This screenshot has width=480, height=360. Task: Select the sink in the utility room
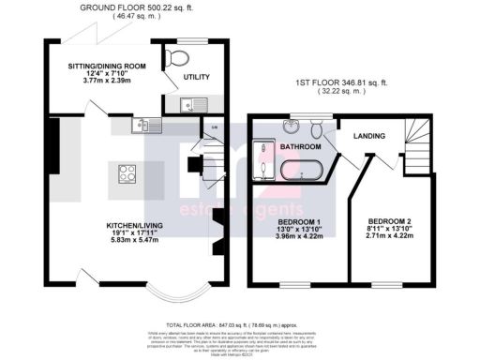(x=187, y=104)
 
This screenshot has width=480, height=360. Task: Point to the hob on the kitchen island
(x=127, y=173)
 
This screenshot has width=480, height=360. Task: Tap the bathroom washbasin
(x=292, y=128)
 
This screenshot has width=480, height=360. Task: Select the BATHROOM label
(x=301, y=147)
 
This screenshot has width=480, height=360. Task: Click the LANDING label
(x=369, y=137)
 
